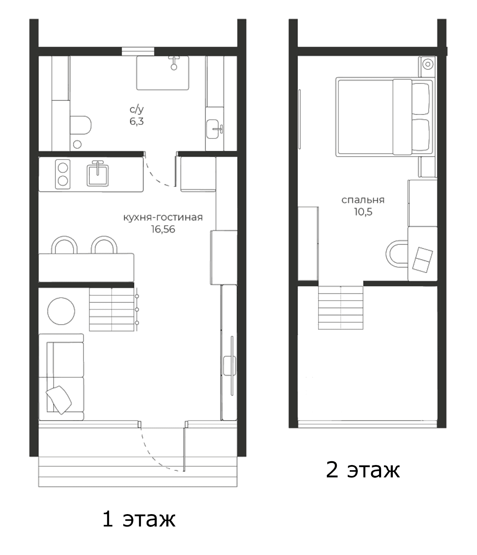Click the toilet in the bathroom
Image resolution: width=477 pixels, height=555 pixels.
[x=81, y=125]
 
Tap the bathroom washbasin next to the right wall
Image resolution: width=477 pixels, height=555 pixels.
[x=215, y=129]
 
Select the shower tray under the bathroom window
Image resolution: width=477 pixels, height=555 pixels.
[x=163, y=73]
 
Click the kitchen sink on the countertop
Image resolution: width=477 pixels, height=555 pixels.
[x=98, y=174]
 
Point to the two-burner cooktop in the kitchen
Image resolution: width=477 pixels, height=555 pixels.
[x=63, y=174]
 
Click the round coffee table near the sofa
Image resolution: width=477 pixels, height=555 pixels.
[x=61, y=311]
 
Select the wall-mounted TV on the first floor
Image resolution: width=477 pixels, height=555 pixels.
[x=232, y=365]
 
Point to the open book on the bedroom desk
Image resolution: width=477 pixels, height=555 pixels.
[x=422, y=260]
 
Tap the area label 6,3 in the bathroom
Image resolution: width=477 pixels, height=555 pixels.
[x=137, y=122]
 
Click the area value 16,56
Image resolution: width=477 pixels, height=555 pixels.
[x=163, y=229]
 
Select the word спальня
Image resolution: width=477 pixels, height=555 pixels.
[x=363, y=200]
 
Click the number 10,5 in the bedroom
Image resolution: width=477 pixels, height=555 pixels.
[x=363, y=212]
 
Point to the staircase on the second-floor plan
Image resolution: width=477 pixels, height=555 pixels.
[x=341, y=307]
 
